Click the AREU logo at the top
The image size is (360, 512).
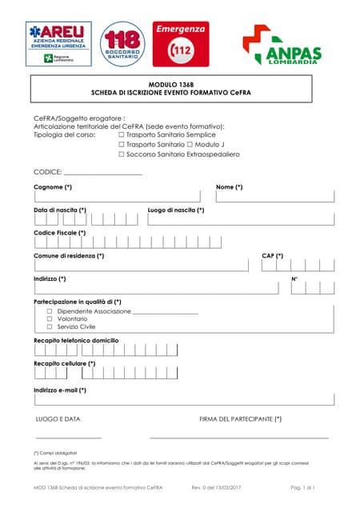[57, 42]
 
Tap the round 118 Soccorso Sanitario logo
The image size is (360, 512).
[122, 44]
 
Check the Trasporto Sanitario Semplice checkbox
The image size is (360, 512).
[122, 134]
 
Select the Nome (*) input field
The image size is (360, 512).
[275, 197]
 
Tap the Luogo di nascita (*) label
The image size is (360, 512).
[176, 210]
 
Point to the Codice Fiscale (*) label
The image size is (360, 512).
[60, 233]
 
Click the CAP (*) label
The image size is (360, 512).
[273, 256]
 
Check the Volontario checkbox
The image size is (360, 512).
[50, 318]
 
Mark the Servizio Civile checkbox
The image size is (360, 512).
[50, 326]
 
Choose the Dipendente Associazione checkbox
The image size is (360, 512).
[50, 310]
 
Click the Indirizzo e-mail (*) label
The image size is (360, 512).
[60, 390]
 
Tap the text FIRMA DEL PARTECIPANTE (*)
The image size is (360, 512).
[240, 418]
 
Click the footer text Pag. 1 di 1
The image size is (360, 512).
[303, 487]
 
